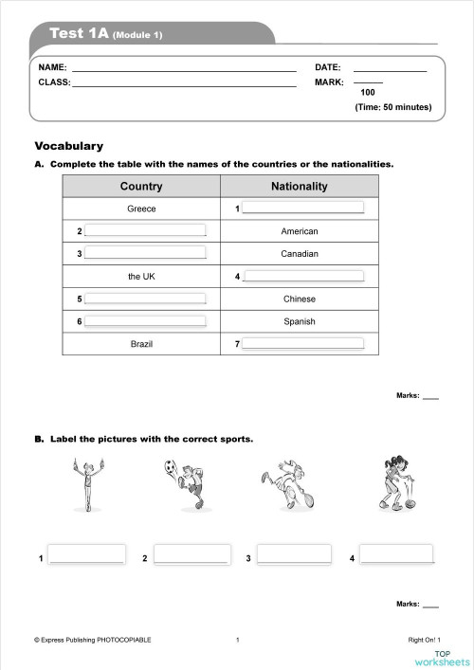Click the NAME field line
[184, 68]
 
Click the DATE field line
[390, 68]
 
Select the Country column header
[141, 187]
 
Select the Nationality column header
[299, 187]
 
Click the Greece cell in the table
[141, 208]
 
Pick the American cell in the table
[299, 231]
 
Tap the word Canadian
[299, 254]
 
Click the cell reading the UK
[141, 277]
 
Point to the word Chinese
[299, 299]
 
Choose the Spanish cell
[299, 322]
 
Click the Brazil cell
[141, 344]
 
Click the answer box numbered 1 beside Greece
[302, 208]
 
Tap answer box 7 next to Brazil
[302, 344]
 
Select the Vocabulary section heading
[68, 146]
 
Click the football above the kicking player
[170, 466]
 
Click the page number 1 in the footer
[237, 641]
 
